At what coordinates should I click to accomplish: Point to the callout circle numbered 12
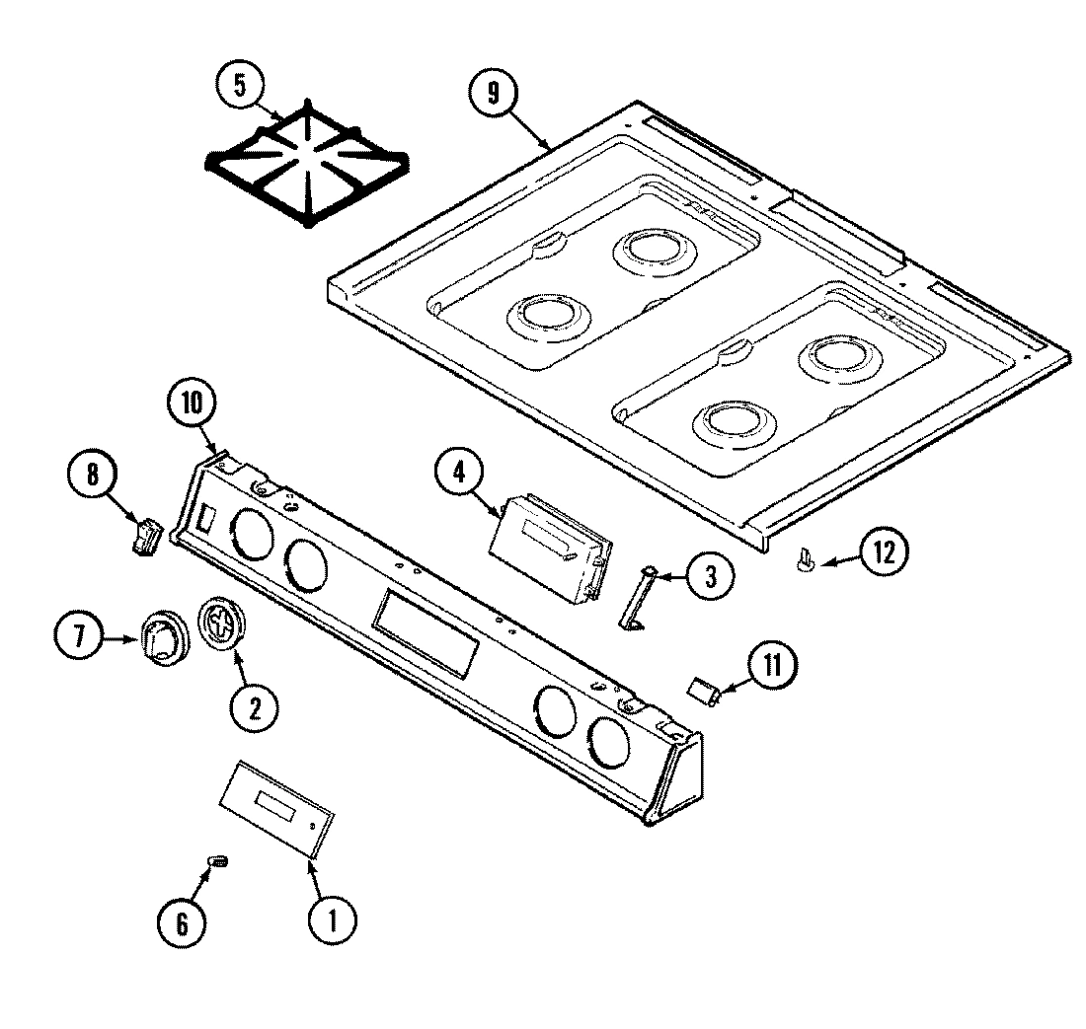(x=881, y=552)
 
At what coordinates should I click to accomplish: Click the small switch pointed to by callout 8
(x=148, y=538)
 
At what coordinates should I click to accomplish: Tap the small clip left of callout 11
(x=705, y=692)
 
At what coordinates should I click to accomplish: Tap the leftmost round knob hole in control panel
(x=253, y=538)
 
